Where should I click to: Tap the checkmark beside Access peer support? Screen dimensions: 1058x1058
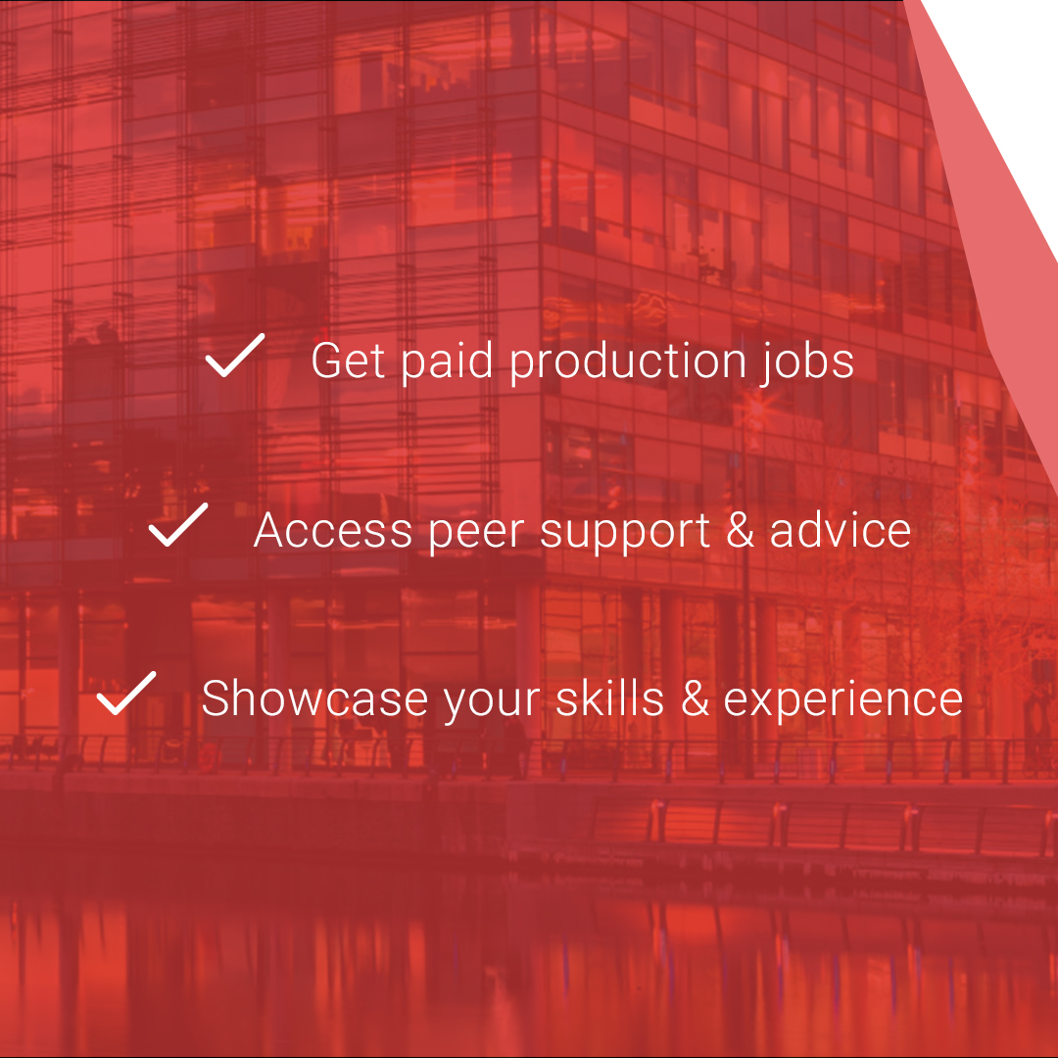(178, 525)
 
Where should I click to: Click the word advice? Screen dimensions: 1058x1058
(841, 530)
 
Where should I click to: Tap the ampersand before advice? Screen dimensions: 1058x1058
(741, 530)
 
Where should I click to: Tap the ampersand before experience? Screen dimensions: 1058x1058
(695, 699)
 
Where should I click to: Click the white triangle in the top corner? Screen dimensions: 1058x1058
(1009, 59)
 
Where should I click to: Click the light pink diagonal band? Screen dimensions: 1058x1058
(989, 245)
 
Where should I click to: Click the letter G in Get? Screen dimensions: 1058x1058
(327, 361)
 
